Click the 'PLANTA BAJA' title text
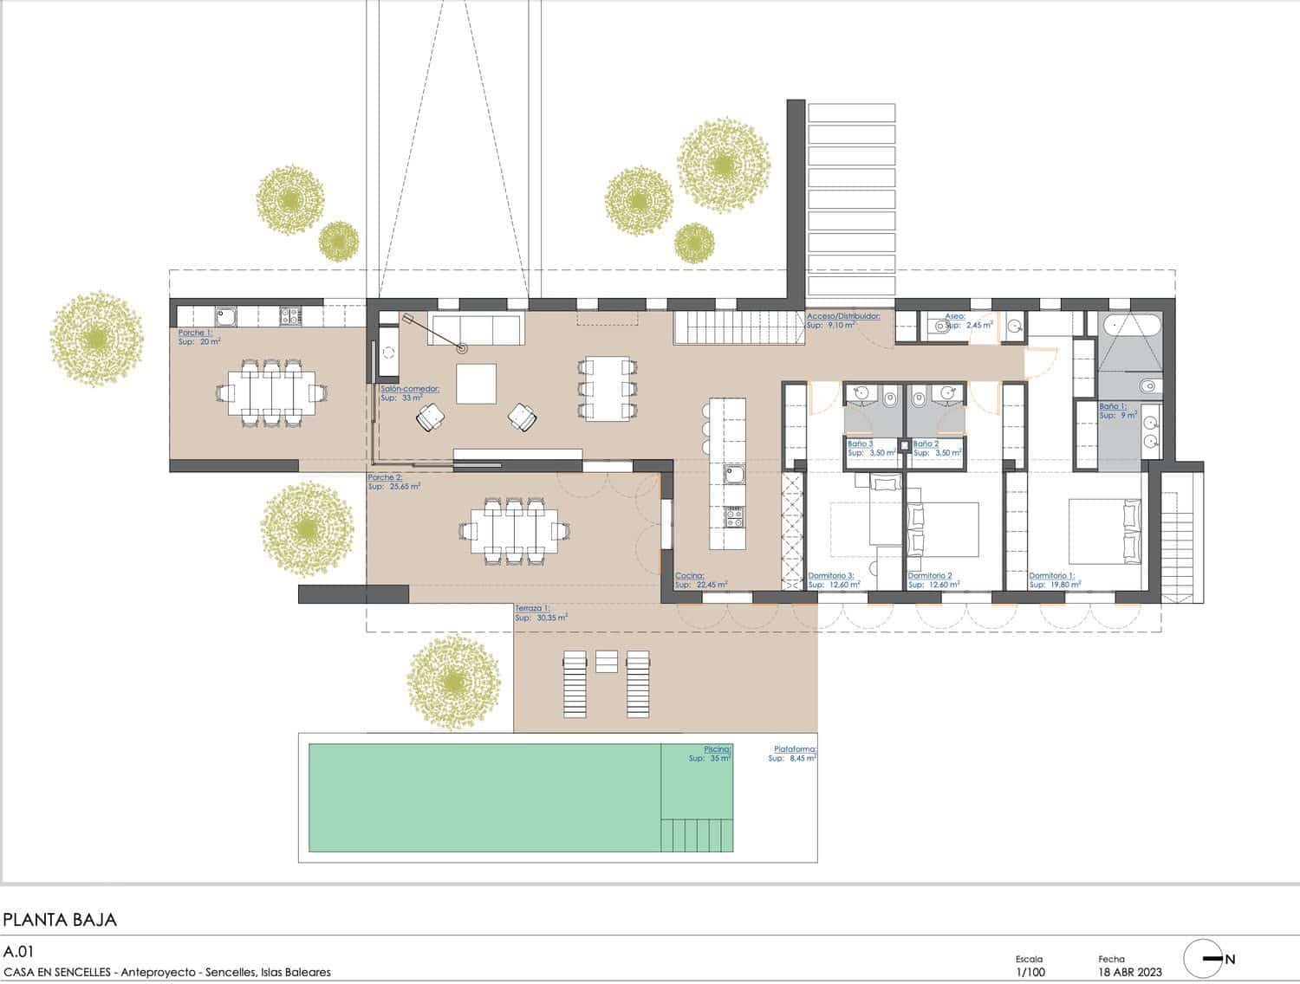(60, 919)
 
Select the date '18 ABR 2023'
(1130, 973)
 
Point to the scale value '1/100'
(1030, 973)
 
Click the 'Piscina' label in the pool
(717, 748)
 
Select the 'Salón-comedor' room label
(409, 389)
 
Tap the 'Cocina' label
(690, 575)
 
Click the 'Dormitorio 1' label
(1051, 575)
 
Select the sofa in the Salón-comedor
(475, 329)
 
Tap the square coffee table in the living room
(476, 383)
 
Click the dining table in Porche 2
(515, 529)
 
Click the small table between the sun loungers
(607, 661)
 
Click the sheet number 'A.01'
(18, 950)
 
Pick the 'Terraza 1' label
(532, 608)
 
